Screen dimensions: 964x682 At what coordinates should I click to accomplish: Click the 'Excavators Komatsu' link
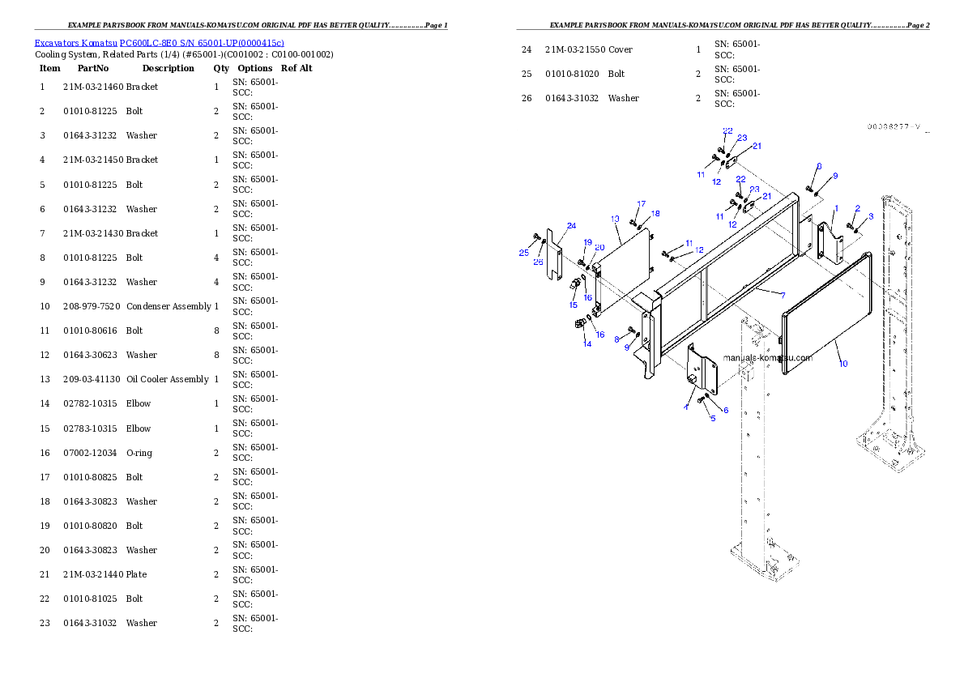(75, 43)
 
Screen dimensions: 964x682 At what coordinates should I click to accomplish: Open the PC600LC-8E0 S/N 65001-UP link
(202, 43)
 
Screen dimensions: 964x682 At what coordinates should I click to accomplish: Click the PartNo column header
(93, 68)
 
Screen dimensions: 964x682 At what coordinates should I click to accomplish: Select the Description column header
(168, 68)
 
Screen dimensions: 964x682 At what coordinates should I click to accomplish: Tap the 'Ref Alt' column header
(296, 68)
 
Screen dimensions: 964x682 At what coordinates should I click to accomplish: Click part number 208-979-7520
(92, 306)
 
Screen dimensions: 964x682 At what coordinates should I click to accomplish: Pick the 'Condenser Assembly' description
(168, 306)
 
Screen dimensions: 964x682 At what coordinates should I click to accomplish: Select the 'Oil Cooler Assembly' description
(167, 379)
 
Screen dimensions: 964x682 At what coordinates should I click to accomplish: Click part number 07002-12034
(90, 453)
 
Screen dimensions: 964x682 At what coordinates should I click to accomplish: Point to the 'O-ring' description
(139, 454)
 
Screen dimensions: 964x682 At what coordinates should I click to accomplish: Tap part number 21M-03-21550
(575, 49)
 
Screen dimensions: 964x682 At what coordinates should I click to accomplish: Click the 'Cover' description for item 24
(621, 49)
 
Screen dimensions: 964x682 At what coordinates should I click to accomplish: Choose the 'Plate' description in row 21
(136, 574)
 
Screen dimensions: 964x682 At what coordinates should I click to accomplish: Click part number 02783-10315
(90, 428)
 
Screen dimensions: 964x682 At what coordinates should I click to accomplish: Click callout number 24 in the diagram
(571, 226)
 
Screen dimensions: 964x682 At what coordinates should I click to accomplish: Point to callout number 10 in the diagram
(842, 364)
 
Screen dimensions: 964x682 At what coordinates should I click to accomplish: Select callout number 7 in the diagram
(783, 295)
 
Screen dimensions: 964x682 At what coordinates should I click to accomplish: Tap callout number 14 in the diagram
(587, 343)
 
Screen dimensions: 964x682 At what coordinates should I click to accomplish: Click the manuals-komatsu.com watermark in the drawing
(767, 357)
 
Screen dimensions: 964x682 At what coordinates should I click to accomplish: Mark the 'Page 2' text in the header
(918, 25)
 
